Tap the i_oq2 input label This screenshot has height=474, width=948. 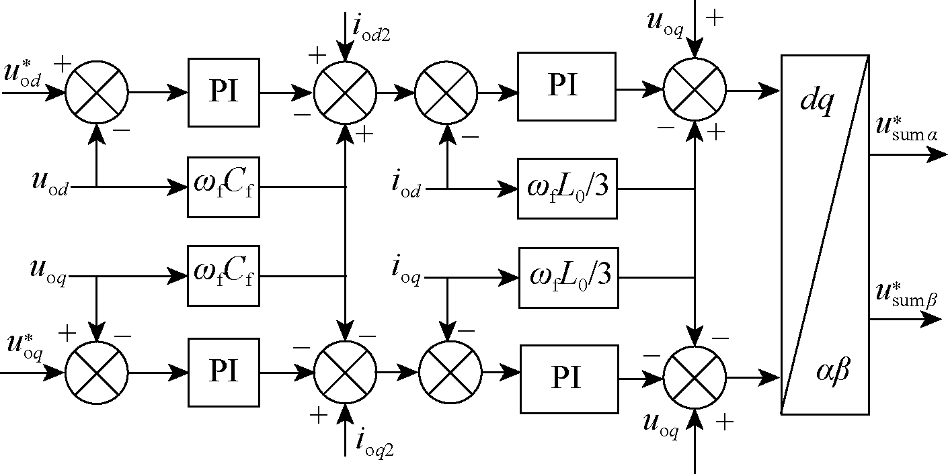(x=373, y=444)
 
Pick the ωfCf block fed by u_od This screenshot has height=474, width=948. (x=223, y=186)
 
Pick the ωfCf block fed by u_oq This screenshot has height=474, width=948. (x=223, y=275)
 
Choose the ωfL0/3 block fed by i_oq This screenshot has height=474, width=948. (x=568, y=277)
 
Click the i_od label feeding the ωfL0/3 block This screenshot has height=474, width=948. (x=406, y=187)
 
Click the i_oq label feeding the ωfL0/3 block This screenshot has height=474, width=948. (x=406, y=272)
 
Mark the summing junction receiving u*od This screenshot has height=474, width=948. (x=96, y=93)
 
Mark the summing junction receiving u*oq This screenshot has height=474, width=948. (x=96, y=372)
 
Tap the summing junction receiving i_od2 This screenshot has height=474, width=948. (x=345, y=93)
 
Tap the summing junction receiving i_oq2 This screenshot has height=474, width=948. (x=345, y=372)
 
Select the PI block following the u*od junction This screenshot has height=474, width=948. (x=223, y=93)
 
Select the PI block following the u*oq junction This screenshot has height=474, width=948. (x=223, y=372)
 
